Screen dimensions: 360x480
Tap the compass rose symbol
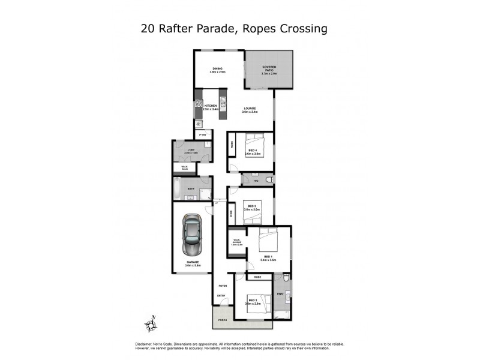pyautogui.click(x=151, y=325)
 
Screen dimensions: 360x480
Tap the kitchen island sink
pyautogui.click(x=222, y=102)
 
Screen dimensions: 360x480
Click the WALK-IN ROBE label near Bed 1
pyautogui.click(x=237, y=243)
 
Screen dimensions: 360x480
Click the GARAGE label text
pyautogui.click(x=193, y=263)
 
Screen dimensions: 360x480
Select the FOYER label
pyautogui.click(x=222, y=286)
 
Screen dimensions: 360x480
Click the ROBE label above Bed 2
pyautogui.click(x=257, y=277)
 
